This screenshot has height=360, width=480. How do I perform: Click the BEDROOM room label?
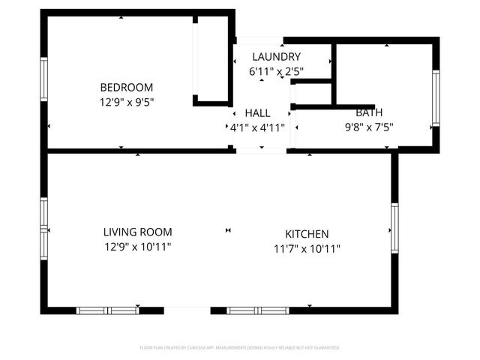coord(127,87)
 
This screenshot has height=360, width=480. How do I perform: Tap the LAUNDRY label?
coord(276,57)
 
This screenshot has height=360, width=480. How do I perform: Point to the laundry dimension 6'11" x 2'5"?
coord(276,71)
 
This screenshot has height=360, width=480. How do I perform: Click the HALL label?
coord(257,112)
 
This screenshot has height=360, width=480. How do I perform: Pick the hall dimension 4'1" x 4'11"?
coord(257,127)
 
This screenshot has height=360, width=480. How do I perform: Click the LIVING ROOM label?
coord(137,232)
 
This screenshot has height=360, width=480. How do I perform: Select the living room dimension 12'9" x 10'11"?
coord(137,247)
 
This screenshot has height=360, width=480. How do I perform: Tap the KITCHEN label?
coord(307,234)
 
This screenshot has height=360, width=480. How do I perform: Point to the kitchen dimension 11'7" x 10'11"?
coord(307,248)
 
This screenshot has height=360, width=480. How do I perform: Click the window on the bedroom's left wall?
coord(43,79)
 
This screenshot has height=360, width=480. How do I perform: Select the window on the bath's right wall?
coord(436,98)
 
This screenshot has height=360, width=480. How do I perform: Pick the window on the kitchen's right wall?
coord(394,228)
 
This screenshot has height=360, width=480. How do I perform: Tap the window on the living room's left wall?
coord(43,228)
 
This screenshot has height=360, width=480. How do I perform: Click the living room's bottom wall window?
coord(107,310)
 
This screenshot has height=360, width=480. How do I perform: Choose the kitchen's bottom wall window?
coord(258,310)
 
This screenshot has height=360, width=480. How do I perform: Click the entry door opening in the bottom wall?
coord(187,310)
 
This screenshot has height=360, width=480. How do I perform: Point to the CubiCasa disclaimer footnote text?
coord(240,348)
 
